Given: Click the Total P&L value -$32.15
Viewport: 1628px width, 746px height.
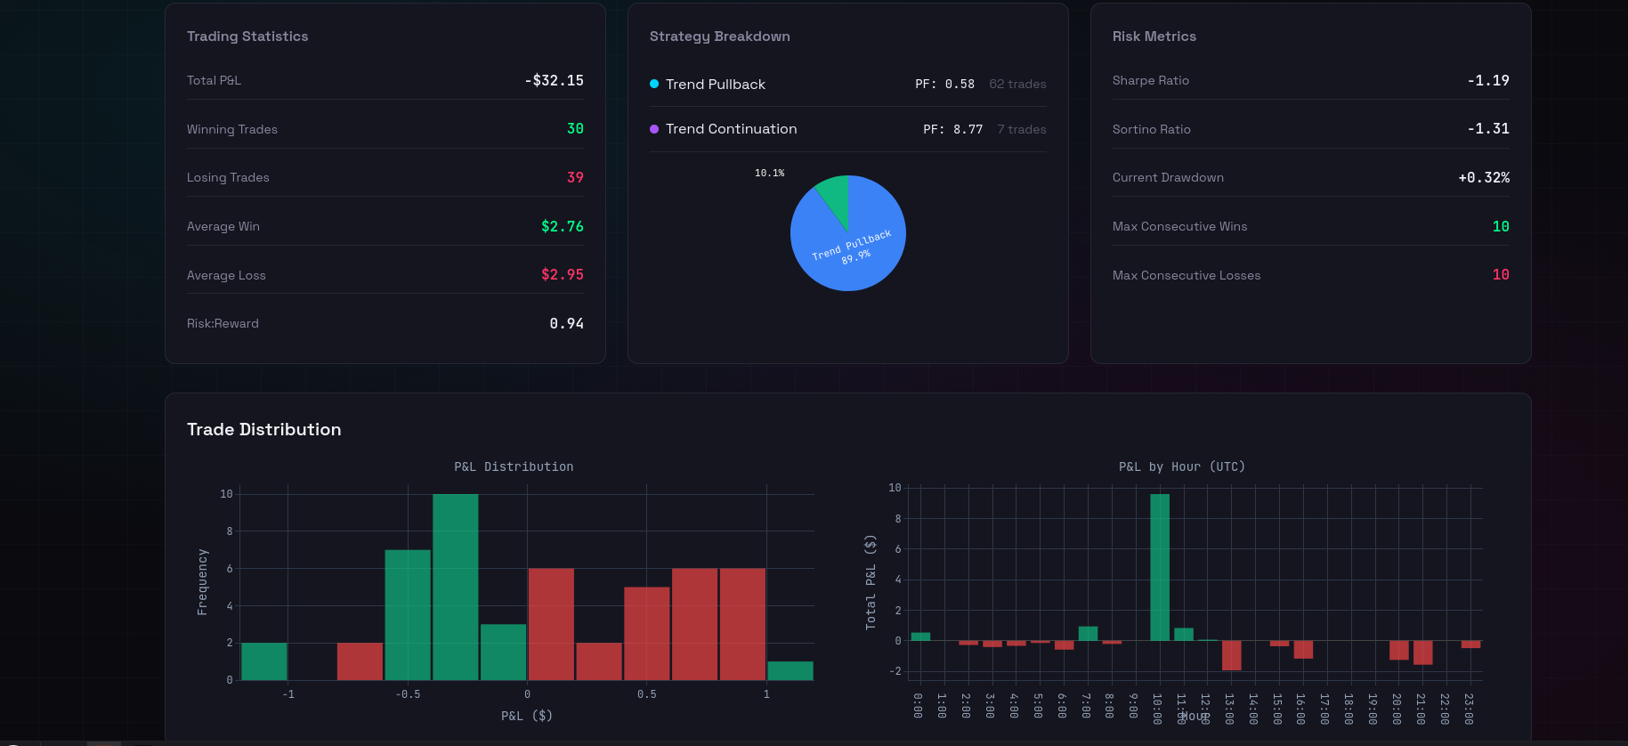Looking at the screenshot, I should [x=554, y=80].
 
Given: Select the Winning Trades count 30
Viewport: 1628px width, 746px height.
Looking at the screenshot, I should [x=575, y=129].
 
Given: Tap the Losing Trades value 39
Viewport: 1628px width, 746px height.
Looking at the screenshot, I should [x=575, y=177].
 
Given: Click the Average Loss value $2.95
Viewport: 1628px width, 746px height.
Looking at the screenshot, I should [x=562, y=274].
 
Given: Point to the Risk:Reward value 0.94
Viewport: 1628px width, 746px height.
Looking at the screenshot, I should [x=566, y=323].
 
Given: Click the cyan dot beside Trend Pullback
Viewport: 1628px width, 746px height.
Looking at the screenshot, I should [x=654, y=84].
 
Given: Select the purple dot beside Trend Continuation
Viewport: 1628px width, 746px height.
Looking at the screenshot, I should [x=654, y=129].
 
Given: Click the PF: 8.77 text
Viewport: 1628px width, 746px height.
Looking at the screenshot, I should [x=952, y=129].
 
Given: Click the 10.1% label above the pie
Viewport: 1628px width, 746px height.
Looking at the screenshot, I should [x=769, y=173].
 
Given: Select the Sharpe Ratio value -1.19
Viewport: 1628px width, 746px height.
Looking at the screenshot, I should [x=1487, y=80].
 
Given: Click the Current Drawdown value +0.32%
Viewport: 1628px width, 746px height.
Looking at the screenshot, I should [x=1483, y=177].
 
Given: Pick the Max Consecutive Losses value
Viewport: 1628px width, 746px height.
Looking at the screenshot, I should [x=1500, y=274].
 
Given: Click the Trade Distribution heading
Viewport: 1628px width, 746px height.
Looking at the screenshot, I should [x=263, y=429].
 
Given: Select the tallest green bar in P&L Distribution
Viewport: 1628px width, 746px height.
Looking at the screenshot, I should [x=455, y=588].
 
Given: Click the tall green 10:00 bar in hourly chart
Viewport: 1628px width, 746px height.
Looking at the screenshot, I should [x=1159, y=567].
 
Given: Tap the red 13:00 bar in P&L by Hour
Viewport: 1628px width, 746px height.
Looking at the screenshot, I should [x=1231, y=655].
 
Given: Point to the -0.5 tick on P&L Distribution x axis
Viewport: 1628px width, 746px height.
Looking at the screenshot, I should [x=408, y=694].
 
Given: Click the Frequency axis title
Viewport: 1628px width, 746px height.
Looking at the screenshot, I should [x=202, y=581].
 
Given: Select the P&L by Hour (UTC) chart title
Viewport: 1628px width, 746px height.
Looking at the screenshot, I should [x=1181, y=466].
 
